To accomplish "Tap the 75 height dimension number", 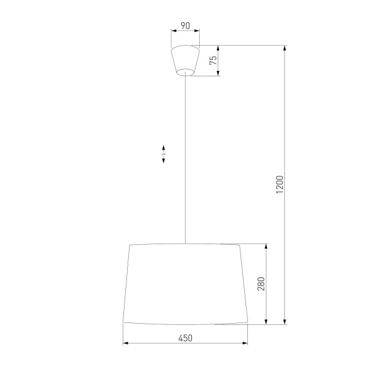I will pos(213,60).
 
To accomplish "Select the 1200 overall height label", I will pos(279,184).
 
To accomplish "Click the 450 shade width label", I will pos(185,337).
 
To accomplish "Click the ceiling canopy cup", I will pos(185,59).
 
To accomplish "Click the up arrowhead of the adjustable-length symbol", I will pos(163,147).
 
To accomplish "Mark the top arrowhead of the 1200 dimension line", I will pos(284,47).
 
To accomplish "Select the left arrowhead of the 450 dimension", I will pos(125,343).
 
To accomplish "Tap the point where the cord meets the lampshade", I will pos(185,244).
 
